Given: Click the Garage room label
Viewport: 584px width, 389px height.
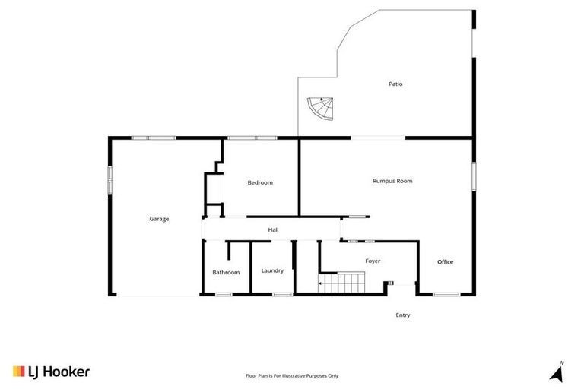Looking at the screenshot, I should click(x=159, y=219).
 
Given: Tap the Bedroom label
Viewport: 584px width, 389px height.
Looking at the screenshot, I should click(x=260, y=182).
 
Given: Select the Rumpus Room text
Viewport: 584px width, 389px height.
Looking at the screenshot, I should click(x=392, y=181).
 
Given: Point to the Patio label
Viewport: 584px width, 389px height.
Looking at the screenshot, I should click(x=395, y=84).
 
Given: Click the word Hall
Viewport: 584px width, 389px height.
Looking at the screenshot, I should click(x=273, y=229).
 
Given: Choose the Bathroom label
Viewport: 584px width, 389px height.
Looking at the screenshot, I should click(x=226, y=272).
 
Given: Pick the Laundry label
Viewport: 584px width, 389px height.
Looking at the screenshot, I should click(x=272, y=270).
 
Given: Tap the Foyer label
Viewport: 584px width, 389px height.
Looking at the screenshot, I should click(x=373, y=261).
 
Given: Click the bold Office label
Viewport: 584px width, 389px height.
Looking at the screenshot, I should click(x=445, y=262).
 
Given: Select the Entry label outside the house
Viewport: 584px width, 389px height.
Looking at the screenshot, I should click(x=403, y=315).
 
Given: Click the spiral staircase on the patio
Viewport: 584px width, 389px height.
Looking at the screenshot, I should click(x=320, y=111).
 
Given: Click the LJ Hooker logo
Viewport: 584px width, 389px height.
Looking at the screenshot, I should click(x=51, y=372).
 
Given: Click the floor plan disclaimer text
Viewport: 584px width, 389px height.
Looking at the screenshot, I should click(x=292, y=375).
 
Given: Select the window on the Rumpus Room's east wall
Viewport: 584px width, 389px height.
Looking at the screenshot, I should click(x=474, y=176).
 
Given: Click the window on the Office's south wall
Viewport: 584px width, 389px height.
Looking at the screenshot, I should click(x=446, y=294).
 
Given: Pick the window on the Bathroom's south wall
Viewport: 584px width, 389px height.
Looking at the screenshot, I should click(x=224, y=294).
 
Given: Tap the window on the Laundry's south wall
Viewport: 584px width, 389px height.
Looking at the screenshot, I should click(x=282, y=294).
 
